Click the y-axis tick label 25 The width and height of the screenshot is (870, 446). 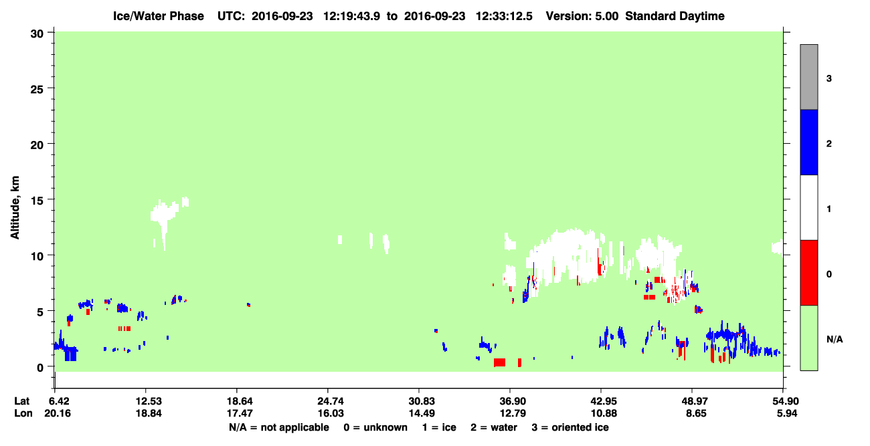click(x=37, y=90)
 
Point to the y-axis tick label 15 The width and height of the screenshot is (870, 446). click(x=37, y=201)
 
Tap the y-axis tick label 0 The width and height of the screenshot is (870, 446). click(x=40, y=368)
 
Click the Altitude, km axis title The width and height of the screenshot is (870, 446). click(x=15, y=207)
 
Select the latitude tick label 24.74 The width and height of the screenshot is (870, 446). click(x=331, y=401)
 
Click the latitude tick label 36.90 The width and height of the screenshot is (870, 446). click(x=513, y=401)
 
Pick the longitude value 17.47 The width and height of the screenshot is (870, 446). click(x=240, y=413)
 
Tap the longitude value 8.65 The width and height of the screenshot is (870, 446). click(x=696, y=413)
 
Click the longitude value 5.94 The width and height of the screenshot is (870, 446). click(x=787, y=413)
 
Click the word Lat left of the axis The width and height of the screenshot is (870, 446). click(x=21, y=401)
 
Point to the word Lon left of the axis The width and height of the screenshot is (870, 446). click(x=23, y=413)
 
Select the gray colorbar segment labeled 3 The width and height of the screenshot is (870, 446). click(x=808, y=77)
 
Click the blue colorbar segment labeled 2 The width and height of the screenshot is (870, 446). click(x=808, y=142)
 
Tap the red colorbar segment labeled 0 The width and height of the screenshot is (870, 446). click(x=808, y=273)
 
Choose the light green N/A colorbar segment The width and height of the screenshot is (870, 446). click(x=808, y=338)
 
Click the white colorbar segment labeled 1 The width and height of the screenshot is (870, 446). click(x=808, y=207)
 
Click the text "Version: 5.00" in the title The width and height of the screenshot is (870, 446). click(x=582, y=16)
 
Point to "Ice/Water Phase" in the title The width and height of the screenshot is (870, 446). click(x=159, y=16)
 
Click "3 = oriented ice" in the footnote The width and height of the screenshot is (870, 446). click(x=570, y=427)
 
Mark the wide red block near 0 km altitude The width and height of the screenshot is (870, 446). click(x=499, y=362)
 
